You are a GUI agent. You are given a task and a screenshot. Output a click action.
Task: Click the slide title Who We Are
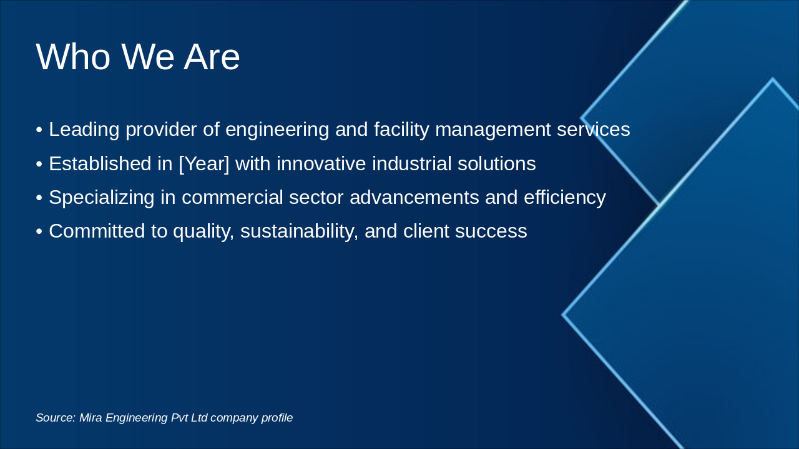click(138, 57)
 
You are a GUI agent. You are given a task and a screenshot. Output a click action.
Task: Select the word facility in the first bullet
click(401, 130)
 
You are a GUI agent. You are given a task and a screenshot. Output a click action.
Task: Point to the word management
click(493, 130)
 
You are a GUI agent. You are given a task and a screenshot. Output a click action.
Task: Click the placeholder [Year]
click(204, 164)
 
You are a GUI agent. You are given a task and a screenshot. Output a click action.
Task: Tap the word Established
click(100, 164)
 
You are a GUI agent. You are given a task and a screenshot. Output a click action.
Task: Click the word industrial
click(411, 164)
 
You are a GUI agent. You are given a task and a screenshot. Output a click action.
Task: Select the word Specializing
click(102, 198)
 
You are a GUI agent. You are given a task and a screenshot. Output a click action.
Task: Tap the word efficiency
click(564, 198)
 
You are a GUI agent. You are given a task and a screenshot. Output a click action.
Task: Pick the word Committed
click(98, 231)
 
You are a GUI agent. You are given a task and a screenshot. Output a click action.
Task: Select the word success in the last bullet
click(491, 231)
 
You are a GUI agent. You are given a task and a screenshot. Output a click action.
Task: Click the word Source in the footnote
click(55, 418)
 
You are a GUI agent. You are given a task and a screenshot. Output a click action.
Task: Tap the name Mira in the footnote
click(91, 418)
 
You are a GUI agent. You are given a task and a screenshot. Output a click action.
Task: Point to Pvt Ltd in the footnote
click(189, 418)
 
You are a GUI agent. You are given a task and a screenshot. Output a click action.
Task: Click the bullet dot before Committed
click(39, 232)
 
